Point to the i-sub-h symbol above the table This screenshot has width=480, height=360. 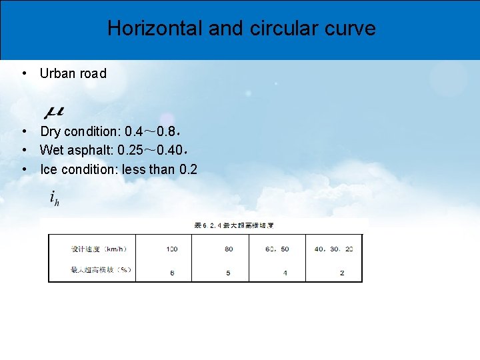(x=55, y=198)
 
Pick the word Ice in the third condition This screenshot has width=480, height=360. (x=49, y=169)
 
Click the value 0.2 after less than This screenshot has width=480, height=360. (x=189, y=169)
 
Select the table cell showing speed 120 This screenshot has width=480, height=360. (x=172, y=249)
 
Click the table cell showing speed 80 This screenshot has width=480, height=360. (x=229, y=249)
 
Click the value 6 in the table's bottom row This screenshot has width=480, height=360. (x=172, y=273)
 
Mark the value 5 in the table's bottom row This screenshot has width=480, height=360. (x=229, y=273)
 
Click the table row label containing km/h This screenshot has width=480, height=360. (x=99, y=249)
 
